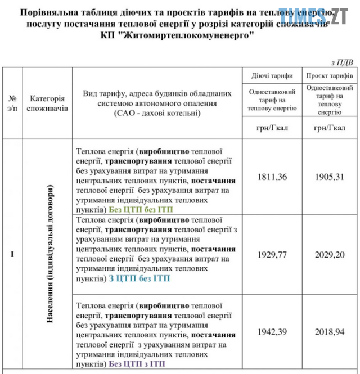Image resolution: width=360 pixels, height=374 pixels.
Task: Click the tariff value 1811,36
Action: [x=272, y=177]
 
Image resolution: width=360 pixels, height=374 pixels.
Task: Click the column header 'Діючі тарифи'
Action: [x=272, y=76]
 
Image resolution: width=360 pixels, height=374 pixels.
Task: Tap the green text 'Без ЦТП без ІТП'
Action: [x=141, y=209]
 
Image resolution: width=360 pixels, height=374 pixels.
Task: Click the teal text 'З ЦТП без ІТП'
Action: [x=138, y=278]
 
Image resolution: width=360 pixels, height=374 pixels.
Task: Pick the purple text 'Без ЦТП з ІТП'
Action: [x=139, y=364]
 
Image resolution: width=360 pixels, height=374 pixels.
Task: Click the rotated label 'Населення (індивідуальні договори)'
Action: [x=50, y=254]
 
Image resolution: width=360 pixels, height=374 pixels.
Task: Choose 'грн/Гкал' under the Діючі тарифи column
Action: [x=272, y=128]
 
